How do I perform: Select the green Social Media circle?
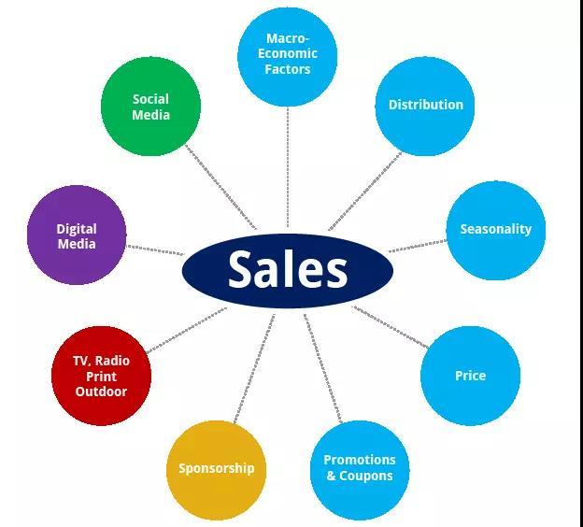pyautogui.click(x=151, y=107)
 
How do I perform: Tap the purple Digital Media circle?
pyautogui.click(x=77, y=235)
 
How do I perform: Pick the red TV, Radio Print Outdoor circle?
pyautogui.click(x=101, y=376)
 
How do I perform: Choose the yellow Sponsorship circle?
pyautogui.click(x=217, y=470)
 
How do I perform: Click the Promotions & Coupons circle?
pyautogui.click(x=360, y=470)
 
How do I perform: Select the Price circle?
pyautogui.click(x=470, y=376)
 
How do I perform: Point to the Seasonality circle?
pyautogui.click(x=496, y=231)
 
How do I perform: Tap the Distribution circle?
pyautogui.click(x=425, y=107)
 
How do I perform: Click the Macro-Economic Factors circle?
pyautogui.click(x=288, y=56)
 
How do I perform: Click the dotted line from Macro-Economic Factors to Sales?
pyautogui.click(x=288, y=166)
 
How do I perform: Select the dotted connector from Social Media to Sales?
pyautogui.click(x=220, y=187)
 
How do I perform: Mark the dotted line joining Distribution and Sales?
pyautogui.click(x=365, y=192)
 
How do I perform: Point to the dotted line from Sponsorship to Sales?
pyautogui.click(x=254, y=368)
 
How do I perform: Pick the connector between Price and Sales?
pyautogui.click(x=391, y=327)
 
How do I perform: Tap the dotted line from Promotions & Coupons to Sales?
pyautogui.click(x=322, y=368)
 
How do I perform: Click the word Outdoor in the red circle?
pyautogui.click(x=101, y=392)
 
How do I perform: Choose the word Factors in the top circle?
pyautogui.click(x=288, y=69)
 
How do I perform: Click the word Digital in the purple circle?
pyautogui.click(x=77, y=229)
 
